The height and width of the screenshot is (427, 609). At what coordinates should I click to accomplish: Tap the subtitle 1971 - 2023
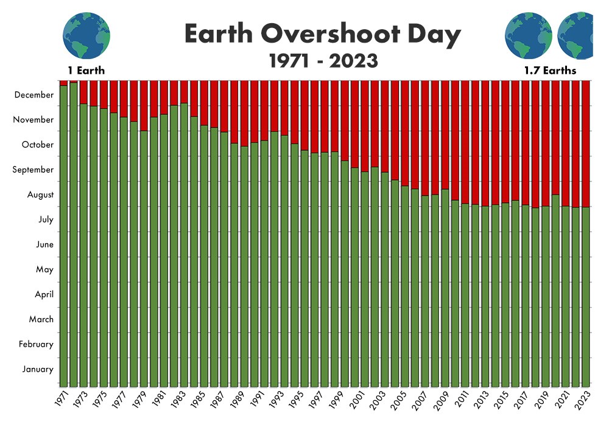click(x=323, y=61)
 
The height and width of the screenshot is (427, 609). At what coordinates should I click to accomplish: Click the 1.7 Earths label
click(x=550, y=71)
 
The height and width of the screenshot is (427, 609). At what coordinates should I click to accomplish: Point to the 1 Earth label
click(x=86, y=71)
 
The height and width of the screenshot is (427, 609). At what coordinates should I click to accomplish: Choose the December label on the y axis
click(x=34, y=95)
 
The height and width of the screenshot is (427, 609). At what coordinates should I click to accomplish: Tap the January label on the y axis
click(x=38, y=369)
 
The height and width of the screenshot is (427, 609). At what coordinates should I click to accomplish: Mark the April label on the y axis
click(x=44, y=294)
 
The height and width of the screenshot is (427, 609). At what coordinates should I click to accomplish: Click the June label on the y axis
click(x=46, y=245)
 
